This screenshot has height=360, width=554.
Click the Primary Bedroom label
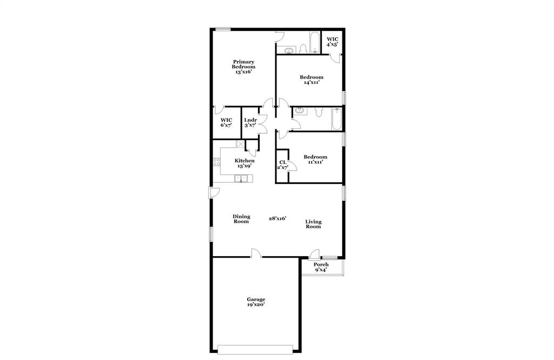pyautogui.click(x=243, y=67)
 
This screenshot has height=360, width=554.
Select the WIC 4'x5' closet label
pyautogui.click(x=332, y=42)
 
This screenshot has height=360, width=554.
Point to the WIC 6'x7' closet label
pyautogui.click(x=226, y=122)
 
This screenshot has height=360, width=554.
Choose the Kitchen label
pyautogui.click(x=244, y=161)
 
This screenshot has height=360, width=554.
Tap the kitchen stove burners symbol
pyautogui.click(x=217, y=161)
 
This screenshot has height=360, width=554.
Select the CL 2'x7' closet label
pyautogui.click(x=282, y=165)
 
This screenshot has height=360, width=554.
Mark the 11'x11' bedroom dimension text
pyautogui.click(x=315, y=162)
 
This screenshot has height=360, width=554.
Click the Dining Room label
pyautogui.click(x=241, y=219)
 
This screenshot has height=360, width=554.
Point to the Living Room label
pyautogui.click(x=313, y=224)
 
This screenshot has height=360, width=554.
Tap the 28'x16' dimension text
pyautogui.click(x=278, y=219)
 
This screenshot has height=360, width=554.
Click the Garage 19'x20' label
pyautogui.click(x=256, y=302)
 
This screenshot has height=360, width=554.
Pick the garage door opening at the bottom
pyautogui.click(x=256, y=349)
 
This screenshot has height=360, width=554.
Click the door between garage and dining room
pyautogui.click(x=255, y=253)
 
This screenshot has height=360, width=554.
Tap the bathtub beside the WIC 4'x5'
pyautogui.click(x=314, y=43)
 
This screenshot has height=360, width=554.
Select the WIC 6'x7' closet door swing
pyautogui.click(x=219, y=110)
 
